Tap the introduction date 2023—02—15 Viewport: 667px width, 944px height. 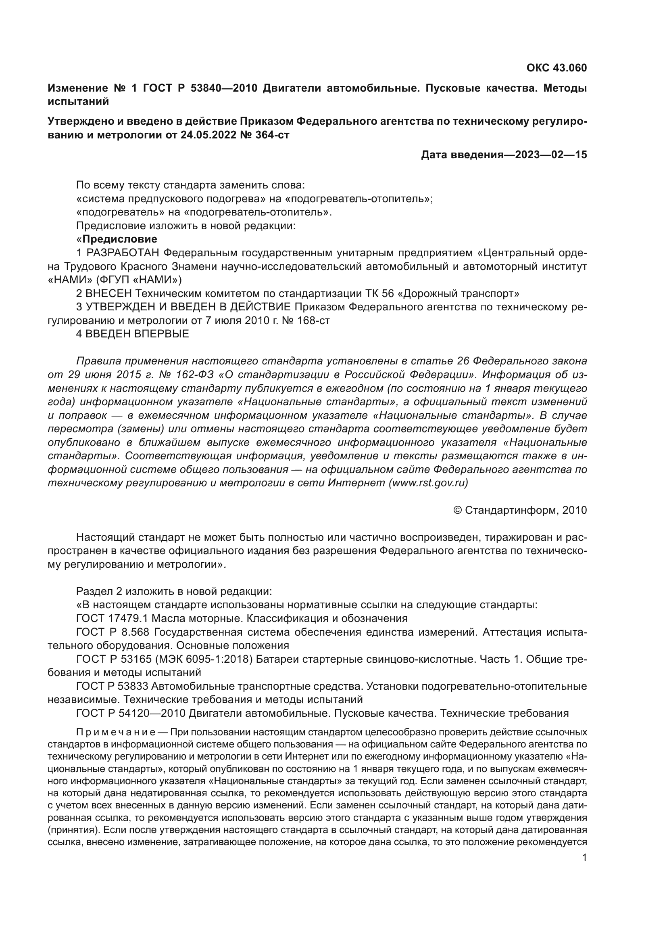551,155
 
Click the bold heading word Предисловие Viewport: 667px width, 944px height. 120,239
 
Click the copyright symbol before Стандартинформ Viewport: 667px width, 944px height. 458,511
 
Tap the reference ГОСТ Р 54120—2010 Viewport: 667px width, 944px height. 131,713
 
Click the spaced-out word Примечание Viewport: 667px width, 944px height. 115,733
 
